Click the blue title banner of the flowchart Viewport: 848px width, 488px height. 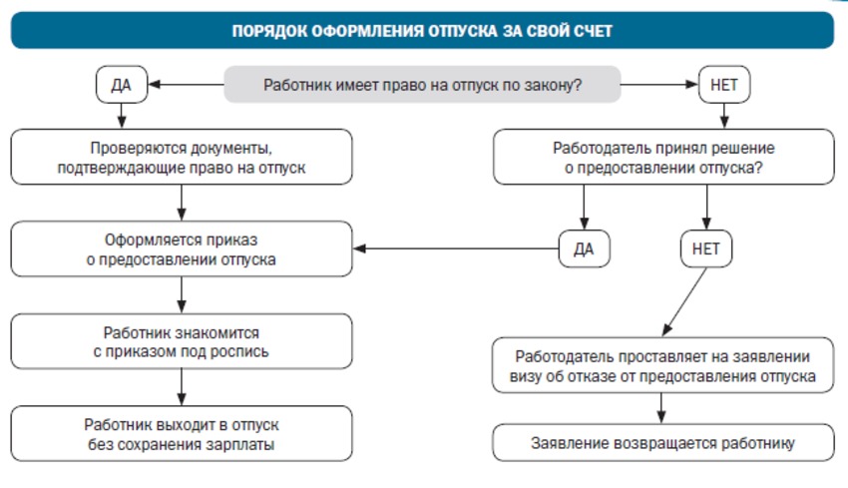[x=422, y=30]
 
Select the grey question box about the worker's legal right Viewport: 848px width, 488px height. [x=422, y=85]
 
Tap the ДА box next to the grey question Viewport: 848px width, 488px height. [x=122, y=85]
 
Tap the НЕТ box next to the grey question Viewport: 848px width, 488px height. [x=724, y=85]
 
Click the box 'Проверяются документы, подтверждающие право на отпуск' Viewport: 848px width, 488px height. [x=182, y=157]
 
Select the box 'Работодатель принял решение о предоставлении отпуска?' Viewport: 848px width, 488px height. [x=663, y=157]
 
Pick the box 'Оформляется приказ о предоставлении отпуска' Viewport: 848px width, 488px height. [x=182, y=248]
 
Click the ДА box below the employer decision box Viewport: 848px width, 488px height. [x=584, y=248]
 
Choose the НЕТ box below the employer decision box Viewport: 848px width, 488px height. [x=706, y=248]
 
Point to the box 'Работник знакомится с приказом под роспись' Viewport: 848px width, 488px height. [x=182, y=341]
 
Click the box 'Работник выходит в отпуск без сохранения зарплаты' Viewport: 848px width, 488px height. [x=182, y=434]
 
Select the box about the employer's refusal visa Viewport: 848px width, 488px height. [x=663, y=365]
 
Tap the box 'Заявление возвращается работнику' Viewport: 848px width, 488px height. [x=663, y=442]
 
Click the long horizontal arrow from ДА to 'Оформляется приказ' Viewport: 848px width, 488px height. [x=456, y=248]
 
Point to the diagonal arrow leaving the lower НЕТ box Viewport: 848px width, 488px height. [x=684, y=302]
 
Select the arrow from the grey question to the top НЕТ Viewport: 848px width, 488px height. [x=659, y=85]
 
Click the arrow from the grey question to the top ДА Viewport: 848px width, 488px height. [x=186, y=85]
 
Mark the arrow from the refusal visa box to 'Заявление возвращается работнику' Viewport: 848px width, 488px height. [x=660, y=408]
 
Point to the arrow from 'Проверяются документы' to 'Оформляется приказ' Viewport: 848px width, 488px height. [x=182, y=203]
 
